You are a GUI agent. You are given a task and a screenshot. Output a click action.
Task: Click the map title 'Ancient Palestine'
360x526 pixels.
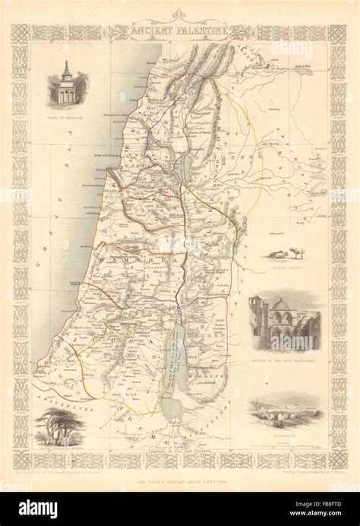(x=179, y=32)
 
